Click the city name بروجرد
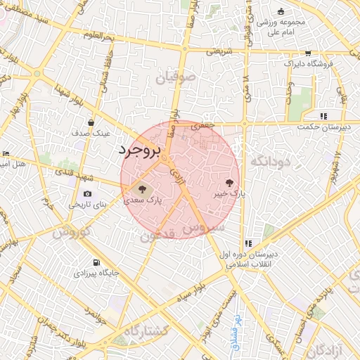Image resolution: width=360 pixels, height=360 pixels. pos(140,150)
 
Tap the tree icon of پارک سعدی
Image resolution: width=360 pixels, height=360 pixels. pos(143,189)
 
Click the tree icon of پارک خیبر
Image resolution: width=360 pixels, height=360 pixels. pos(229,182)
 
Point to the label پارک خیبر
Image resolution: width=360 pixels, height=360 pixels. pos(229,193)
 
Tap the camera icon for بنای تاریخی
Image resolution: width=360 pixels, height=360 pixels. pos(87,193)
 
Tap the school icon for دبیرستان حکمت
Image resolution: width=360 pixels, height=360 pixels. pos(323,116)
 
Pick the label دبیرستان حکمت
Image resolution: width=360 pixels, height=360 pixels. pos(323,127)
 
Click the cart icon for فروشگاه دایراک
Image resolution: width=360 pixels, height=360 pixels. pos(308,53)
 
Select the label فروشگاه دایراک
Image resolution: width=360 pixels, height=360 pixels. pos(308,64)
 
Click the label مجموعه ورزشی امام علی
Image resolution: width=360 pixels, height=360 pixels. pos(281,27)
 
